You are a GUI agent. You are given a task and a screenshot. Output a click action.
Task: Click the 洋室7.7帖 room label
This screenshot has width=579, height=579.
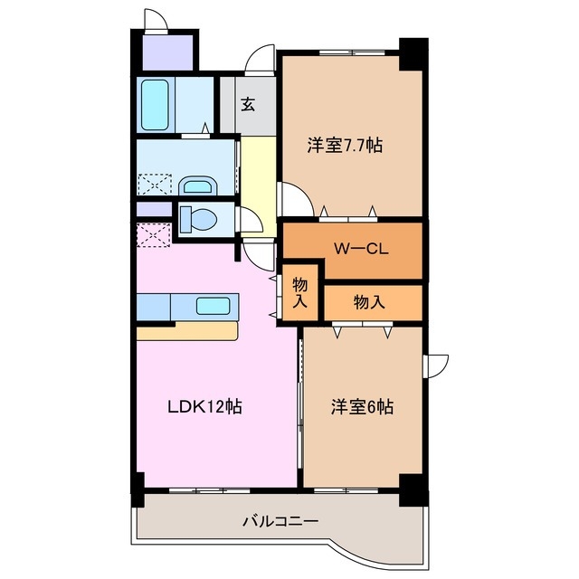[343, 145]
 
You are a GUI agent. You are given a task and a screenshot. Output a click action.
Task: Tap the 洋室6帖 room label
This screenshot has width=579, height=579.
[360, 407]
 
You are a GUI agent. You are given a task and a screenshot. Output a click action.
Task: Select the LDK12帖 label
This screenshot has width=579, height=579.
[204, 407]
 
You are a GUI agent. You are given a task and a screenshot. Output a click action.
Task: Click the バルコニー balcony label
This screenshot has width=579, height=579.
[280, 521]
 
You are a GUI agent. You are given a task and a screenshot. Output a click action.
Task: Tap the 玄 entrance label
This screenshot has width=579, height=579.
[247, 103]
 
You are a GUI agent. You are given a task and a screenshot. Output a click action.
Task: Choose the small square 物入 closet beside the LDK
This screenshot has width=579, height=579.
[300, 292]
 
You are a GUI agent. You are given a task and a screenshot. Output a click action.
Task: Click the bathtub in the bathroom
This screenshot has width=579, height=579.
[157, 105]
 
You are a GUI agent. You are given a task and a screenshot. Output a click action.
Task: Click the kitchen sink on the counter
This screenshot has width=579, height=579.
[214, 306]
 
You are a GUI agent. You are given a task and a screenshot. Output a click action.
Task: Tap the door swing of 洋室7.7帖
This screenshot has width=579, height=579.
[291, 197]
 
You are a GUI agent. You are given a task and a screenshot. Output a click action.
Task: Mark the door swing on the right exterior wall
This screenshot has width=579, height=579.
[437, 363]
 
